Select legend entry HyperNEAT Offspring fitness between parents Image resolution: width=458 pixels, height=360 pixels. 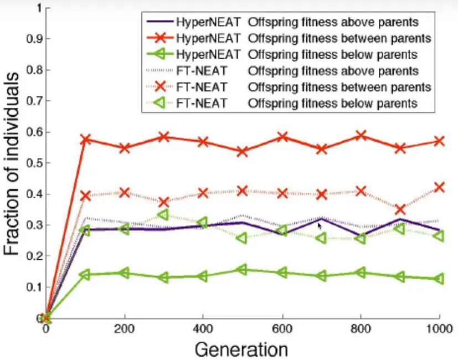[288, 39]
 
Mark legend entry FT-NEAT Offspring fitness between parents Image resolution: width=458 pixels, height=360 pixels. [288, 87]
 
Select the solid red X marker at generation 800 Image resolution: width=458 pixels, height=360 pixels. [361, 136]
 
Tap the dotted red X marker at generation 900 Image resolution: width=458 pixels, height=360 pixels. [400, 209]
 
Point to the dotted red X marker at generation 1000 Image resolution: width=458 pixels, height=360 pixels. [439, 187]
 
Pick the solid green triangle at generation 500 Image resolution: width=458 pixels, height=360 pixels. [243, 270]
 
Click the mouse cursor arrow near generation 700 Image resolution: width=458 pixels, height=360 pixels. [320, 225]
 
